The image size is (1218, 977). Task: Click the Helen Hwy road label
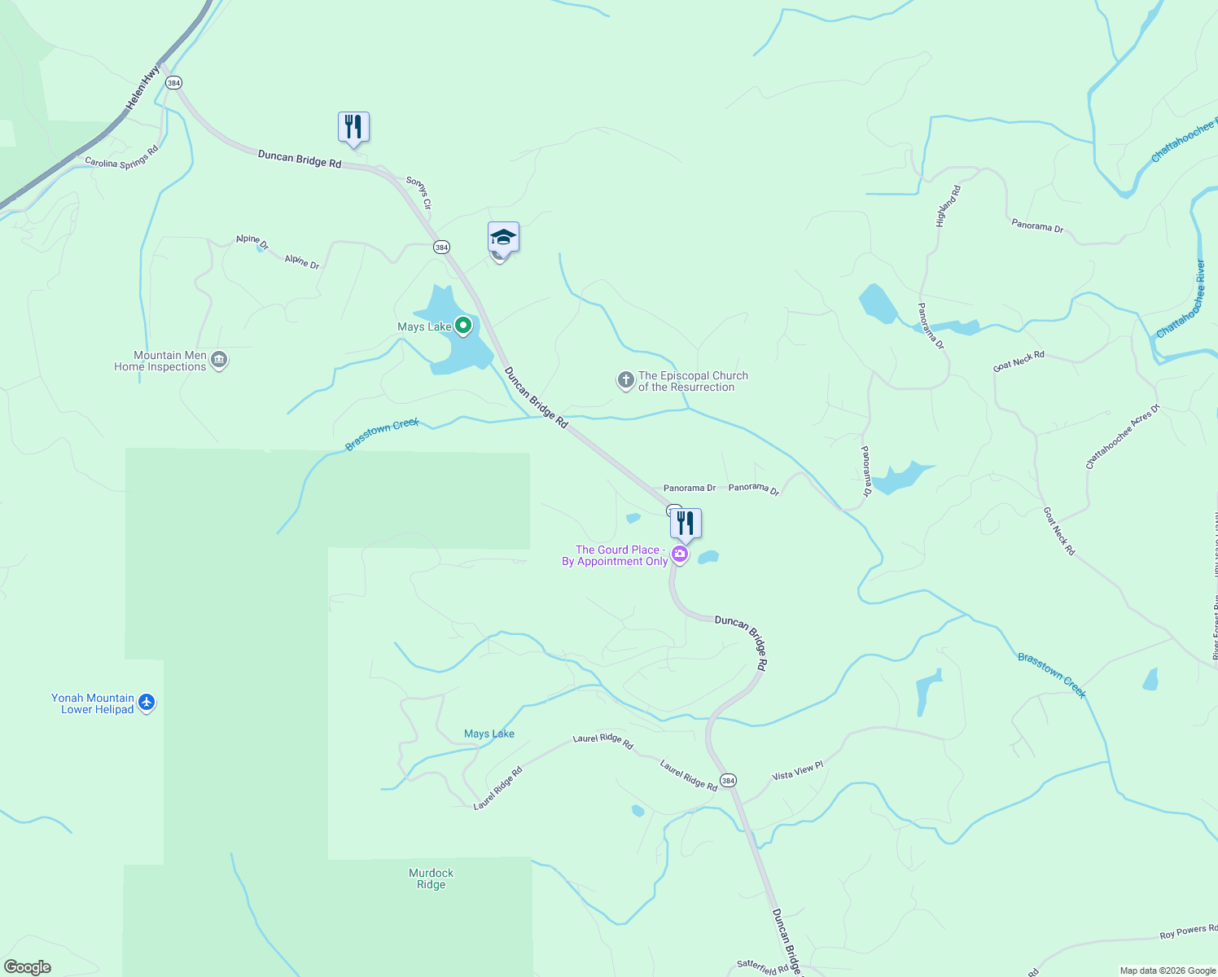click(143, 89)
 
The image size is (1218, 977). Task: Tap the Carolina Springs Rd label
click(122, 157)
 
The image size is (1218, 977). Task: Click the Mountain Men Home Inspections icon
click(218, 360)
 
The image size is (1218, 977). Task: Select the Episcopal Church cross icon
click(625, 380)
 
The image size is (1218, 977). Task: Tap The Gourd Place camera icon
click(680, 555)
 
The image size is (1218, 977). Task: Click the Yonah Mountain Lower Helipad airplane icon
click(147, 702)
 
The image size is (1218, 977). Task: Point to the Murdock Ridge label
click(431, 878)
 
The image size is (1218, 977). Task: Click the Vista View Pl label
click(798, 770)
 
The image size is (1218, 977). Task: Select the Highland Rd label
click(948, 206)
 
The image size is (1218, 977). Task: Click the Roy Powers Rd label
click(1188, 931)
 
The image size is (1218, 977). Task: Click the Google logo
click(28, 967)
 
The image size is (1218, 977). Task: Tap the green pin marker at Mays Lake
click(463, 326)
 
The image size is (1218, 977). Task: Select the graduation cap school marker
click(503, 238)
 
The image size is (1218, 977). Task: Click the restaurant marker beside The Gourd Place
click(686, 524)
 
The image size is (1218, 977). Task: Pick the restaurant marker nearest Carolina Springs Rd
click(353, 127)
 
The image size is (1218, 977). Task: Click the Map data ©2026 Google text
click(1168, 970)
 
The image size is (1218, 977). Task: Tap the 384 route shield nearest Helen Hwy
click(173, 83)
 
